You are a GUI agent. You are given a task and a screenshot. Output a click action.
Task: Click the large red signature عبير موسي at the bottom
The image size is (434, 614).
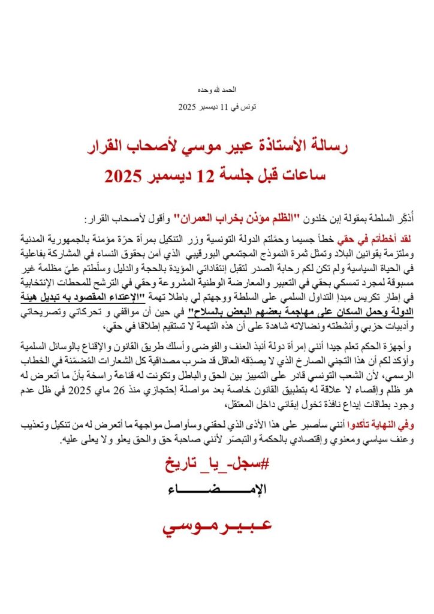(x=216, y=526)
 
